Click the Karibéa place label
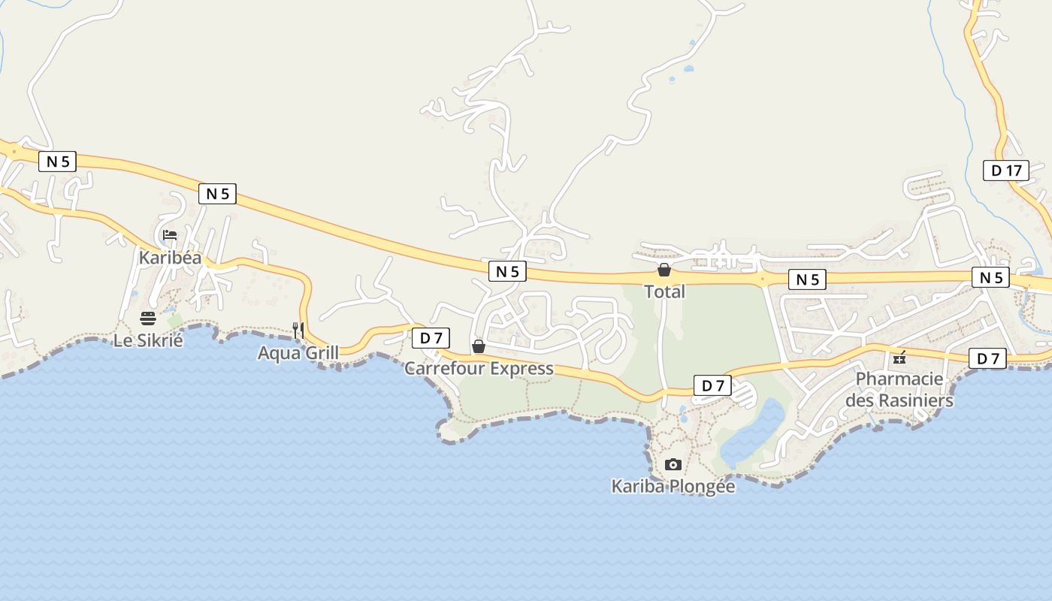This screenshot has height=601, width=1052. pos(170,258)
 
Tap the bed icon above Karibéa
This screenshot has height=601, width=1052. pos(170,235)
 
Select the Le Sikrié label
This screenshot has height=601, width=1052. pos(148,340)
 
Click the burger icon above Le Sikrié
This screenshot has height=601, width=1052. pos(147,318)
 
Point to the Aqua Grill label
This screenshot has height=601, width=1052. pos(298,352)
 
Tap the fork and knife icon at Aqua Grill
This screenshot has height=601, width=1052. pos(298,330)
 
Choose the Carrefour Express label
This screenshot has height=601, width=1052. pos(479,369)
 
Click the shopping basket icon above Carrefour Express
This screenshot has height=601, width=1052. pos(479,346)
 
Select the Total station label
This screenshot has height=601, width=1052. pos(664,291)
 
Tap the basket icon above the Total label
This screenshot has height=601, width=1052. pos(664,270)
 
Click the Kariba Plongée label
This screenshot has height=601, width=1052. pos(673,487)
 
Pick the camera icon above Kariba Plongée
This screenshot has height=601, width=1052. pos(673,464)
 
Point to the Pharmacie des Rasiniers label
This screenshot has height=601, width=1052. pos(899,389)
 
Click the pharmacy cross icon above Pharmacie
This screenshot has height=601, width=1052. pos(899,358)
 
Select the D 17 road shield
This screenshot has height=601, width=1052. pos(1006,171)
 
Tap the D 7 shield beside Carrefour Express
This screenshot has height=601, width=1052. pos(431,338)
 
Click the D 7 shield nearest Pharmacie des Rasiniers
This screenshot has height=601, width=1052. pos(987,359)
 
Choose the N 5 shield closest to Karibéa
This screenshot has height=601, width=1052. pos(217,194)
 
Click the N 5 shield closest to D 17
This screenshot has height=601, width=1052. pos(990,277)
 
